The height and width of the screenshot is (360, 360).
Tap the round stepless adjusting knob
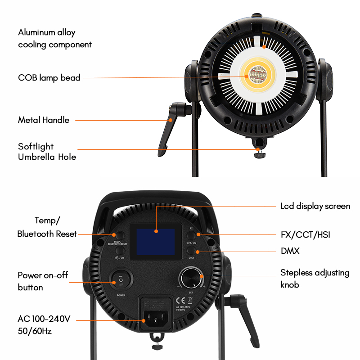click(x=191, y=279)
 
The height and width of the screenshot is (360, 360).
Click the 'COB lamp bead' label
click(x=49, y=78)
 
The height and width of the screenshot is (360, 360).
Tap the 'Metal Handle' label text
click(x=44, y=120)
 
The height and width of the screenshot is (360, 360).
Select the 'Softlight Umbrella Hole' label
click(x=47, y=152)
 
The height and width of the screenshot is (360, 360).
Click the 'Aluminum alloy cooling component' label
click(x=54, y=38)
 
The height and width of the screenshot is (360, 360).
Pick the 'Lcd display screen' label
click(x=315, y=206)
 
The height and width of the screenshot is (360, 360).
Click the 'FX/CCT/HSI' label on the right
click(x=308, y=234)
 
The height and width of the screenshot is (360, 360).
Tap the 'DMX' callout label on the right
click(x=290, y=251)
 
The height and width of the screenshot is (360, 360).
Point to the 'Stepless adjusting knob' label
click(x=315, y=279)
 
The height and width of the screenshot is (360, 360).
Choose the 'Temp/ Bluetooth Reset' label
click(x=47, y=227)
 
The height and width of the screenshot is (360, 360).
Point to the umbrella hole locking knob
click(x=258, y=155)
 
